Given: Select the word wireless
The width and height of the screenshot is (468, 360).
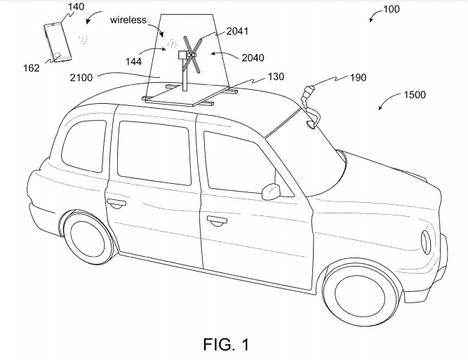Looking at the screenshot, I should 128,20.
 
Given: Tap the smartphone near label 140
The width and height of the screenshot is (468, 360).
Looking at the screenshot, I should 55,42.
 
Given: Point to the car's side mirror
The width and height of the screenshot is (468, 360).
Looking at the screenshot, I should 269,191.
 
